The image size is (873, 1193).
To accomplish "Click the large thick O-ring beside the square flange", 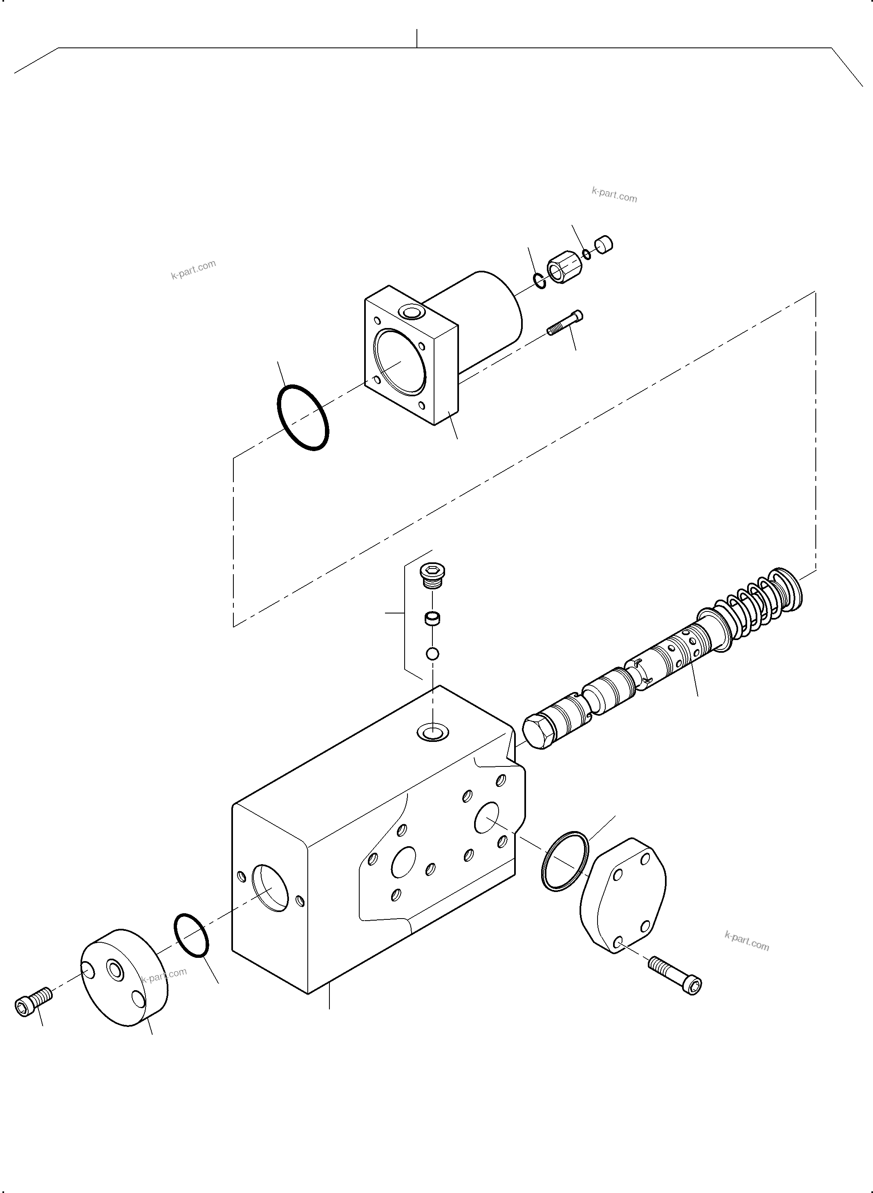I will pyautogui.click(x=303, y=417).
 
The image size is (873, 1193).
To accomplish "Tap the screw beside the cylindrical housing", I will pyautogui.click(x=565, y=323).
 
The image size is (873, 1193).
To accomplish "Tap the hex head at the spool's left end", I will pyautogui.click(x=538, y=732).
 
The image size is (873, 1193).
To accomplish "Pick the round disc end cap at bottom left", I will pyautogui.click(x=124, y=978).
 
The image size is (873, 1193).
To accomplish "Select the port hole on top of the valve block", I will pyautogui.click(x=432, y=733).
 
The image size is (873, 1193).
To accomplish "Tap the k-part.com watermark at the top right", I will pyautogui.click(x=614, y=195).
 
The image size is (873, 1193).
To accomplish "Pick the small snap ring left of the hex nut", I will pyautogui.click(x=539, y=281).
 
